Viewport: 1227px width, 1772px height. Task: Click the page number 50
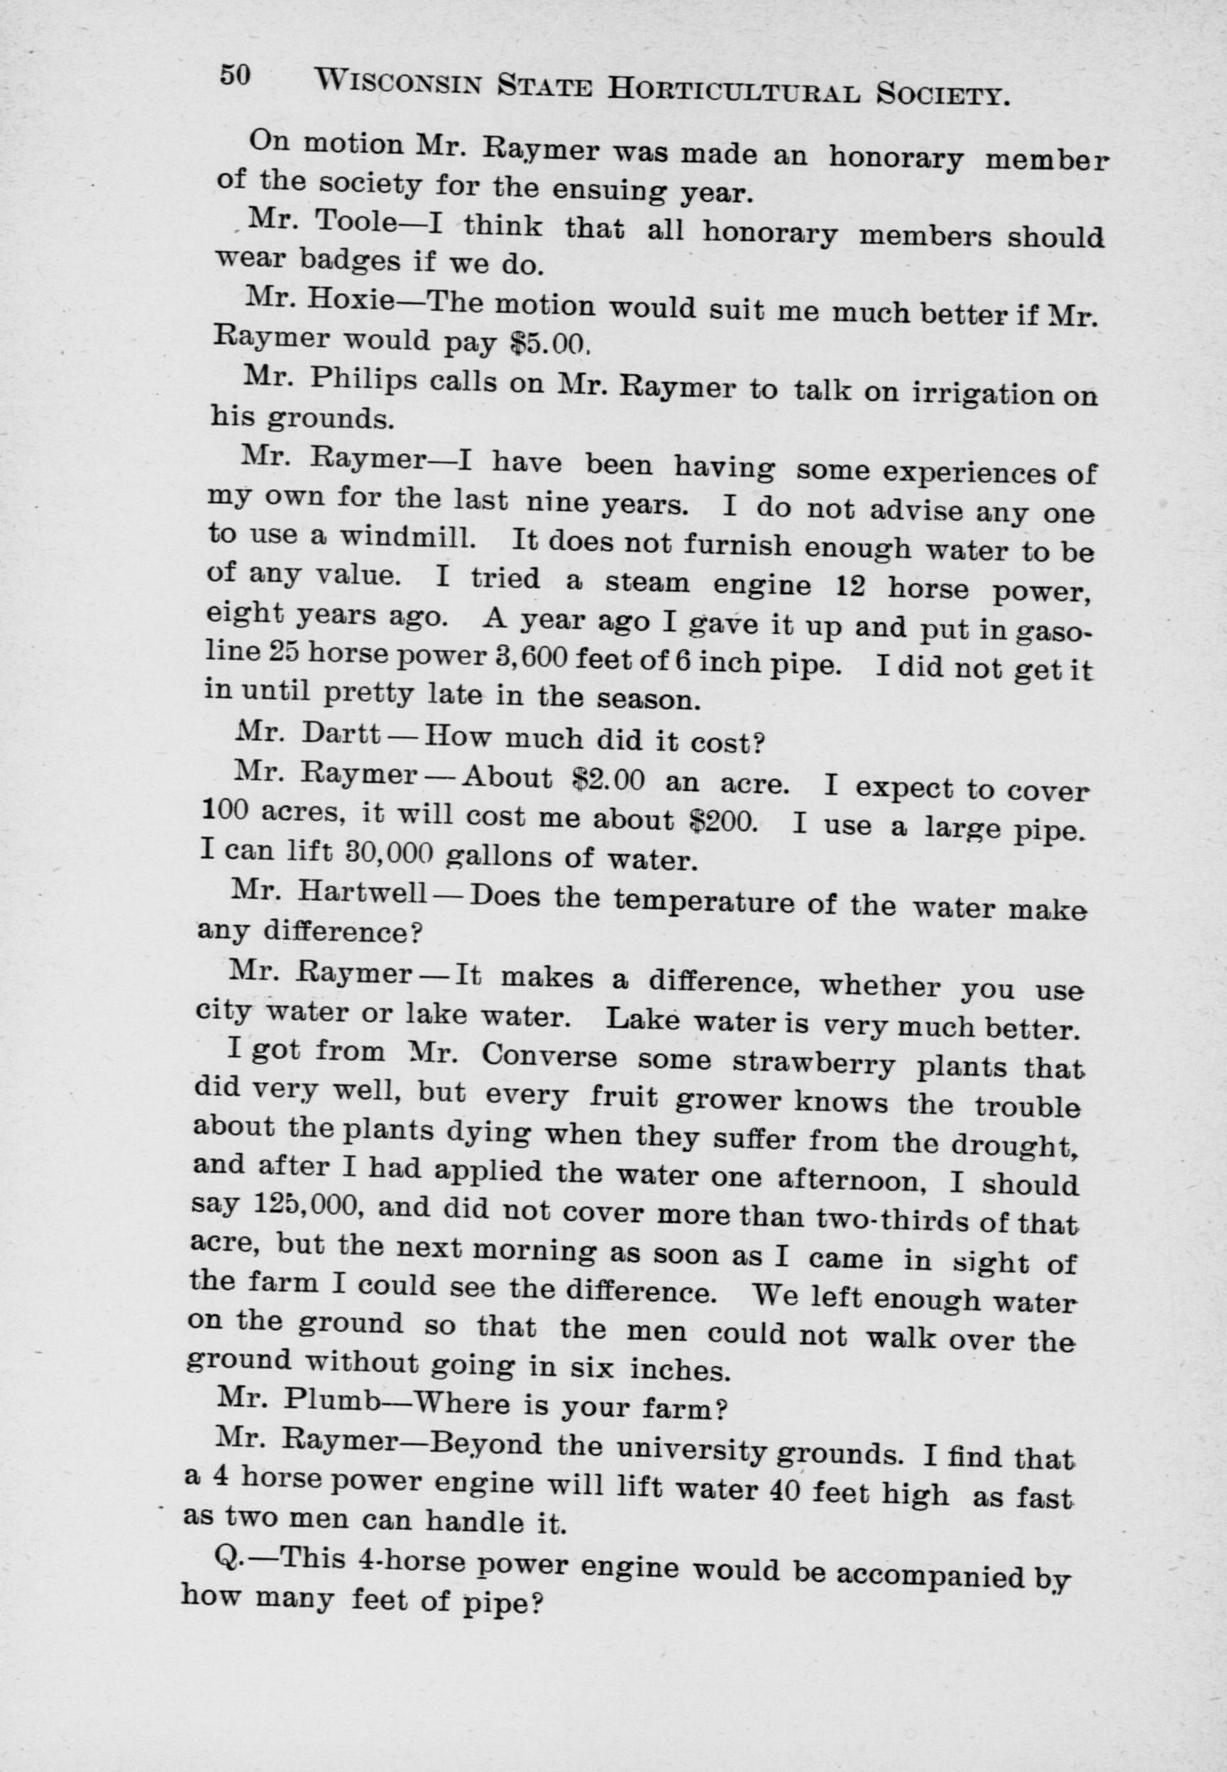[236, 75]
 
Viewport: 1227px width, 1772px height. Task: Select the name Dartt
[342, 734]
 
